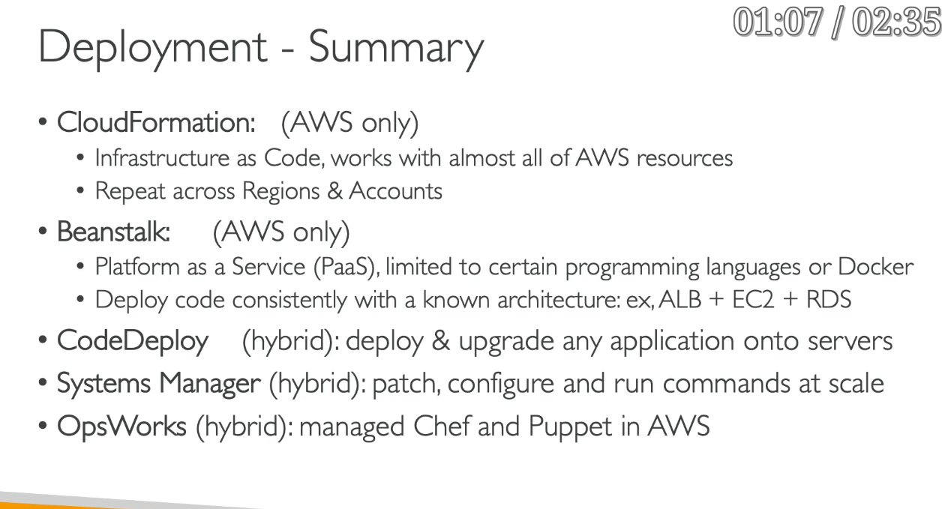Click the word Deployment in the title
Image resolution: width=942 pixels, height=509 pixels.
(153, 48)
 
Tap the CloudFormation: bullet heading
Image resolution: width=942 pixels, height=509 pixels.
(156, 122)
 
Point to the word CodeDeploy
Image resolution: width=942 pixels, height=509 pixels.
(133, 341)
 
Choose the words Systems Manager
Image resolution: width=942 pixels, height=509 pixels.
(158, 384)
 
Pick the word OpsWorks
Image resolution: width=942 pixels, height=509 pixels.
(121, 427)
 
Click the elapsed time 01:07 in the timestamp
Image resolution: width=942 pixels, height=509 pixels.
(778, 22)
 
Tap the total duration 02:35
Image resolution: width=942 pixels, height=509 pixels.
(896, 22)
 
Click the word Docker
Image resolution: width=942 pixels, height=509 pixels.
(875, 266)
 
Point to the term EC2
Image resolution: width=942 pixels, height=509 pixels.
(753, 300)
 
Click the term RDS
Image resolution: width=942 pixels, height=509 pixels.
(829, 300)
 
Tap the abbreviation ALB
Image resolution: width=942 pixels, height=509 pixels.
(680, 300)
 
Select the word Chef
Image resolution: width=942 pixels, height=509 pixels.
(442, 427)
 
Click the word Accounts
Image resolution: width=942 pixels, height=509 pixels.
(395, 191)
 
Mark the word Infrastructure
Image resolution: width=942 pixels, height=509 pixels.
(162, 158)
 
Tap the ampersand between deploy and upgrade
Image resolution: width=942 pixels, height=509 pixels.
(441, 341)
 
